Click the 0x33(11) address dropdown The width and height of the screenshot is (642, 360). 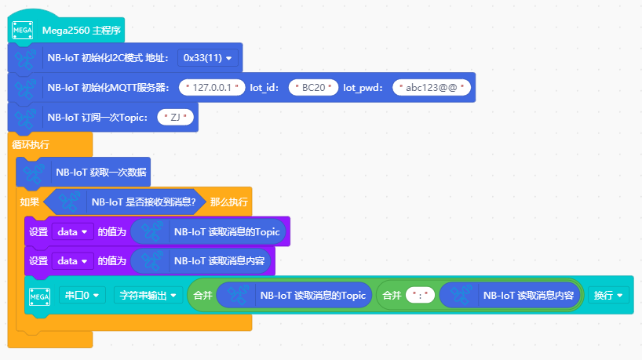click(207, 57)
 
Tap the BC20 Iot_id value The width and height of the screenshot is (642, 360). click(313, 87)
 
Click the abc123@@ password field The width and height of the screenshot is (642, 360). click(431, 87)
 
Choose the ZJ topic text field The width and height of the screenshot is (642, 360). click(175, 118)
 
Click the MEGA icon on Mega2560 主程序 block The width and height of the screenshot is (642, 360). click(23, 31)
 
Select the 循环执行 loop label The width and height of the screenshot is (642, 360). click(31, 144)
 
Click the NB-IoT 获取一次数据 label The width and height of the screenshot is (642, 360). click(102, 172)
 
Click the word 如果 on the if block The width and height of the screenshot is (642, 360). click(30, 202)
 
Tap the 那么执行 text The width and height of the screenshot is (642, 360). click(229, 202)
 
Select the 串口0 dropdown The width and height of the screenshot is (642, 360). click(82, 295)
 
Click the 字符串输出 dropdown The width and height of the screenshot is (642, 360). click(149, 295)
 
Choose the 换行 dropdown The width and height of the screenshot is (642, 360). click(610, 295)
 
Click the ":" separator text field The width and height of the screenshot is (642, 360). click(420, 296)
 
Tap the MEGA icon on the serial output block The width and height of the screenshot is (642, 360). click(38, 296)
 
